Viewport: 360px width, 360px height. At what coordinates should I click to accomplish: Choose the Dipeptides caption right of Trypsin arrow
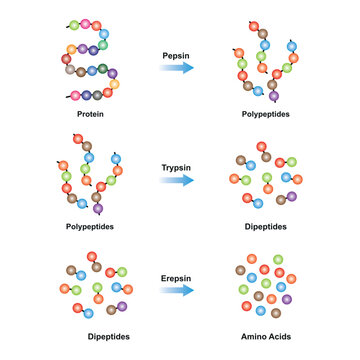click(x=264, y=227)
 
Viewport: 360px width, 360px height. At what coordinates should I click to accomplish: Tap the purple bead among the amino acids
click(x=288, y=298)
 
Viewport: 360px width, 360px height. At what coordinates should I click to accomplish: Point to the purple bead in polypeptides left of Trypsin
click(x=98, y=209)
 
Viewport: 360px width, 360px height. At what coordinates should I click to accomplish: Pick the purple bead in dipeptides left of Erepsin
click(x=122, y=307)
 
